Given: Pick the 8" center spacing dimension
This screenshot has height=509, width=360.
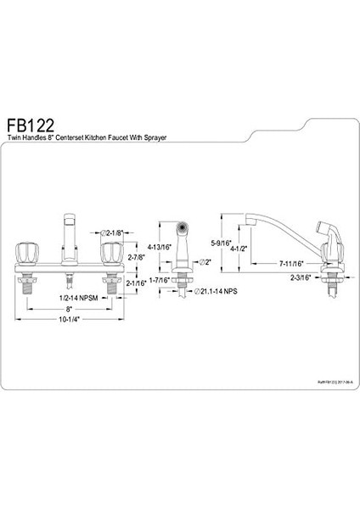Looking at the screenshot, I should click(70, 310).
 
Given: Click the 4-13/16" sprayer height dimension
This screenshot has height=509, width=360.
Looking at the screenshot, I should click(158, 249).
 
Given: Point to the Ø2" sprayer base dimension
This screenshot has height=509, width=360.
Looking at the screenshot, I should click(202, 262).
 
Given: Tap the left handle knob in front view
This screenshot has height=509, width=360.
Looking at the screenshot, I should click(25, 254).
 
